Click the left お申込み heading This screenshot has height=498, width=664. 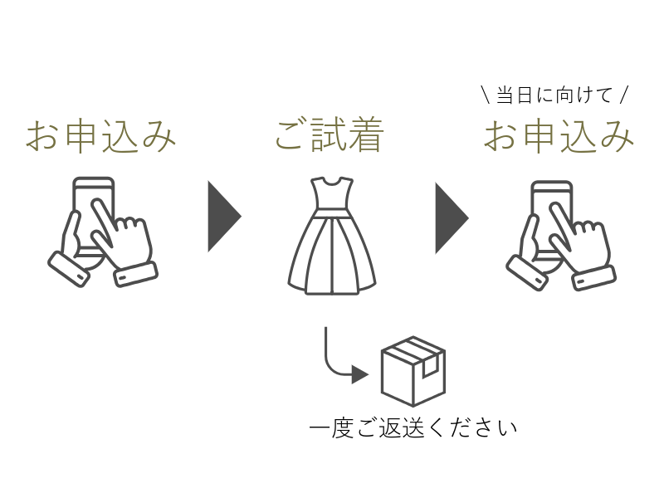pos(101,136)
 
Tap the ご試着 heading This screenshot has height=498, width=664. pos(330,136)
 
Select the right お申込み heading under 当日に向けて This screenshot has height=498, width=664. pos(559,136)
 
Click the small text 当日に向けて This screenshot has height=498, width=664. pos(554,95)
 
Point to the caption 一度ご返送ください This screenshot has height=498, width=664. pos(413,428)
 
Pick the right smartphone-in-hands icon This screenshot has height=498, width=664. pos(561,235)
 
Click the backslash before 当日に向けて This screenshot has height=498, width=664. pos(485,95)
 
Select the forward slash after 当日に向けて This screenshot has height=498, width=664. pos(625,95)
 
